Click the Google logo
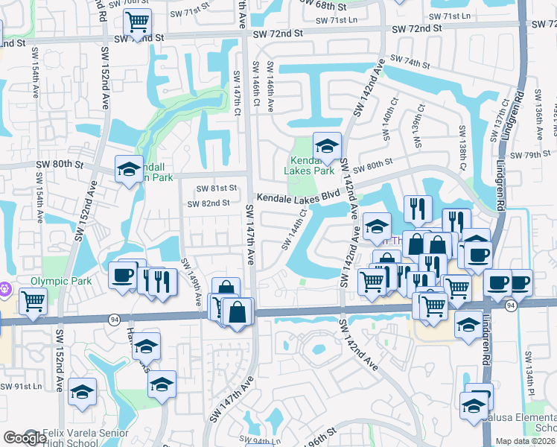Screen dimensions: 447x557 25,438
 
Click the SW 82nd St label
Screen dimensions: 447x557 208,203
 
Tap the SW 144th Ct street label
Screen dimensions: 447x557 294,230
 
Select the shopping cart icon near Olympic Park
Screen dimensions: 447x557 33,302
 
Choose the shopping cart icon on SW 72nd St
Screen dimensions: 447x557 136,23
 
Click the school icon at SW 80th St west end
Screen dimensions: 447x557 128,170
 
